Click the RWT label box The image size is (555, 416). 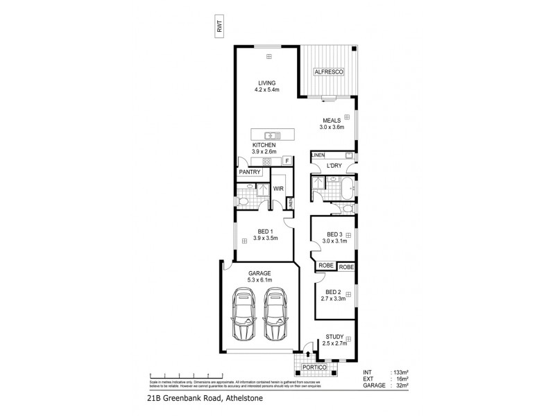coord(220,28)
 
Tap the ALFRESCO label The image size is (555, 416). coord(326,71)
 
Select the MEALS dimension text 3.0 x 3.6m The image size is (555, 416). coord(332,127)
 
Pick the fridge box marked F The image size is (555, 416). coord(286,161)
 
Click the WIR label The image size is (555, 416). coord(280,188)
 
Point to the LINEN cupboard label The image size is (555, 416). coord(318,155)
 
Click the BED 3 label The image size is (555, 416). coord(335,234)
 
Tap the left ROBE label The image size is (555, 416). coord(325,266)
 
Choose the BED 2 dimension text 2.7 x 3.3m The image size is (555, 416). coord(335,300)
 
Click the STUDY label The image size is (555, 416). coord(335,336)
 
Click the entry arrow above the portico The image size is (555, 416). coord(308,355)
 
